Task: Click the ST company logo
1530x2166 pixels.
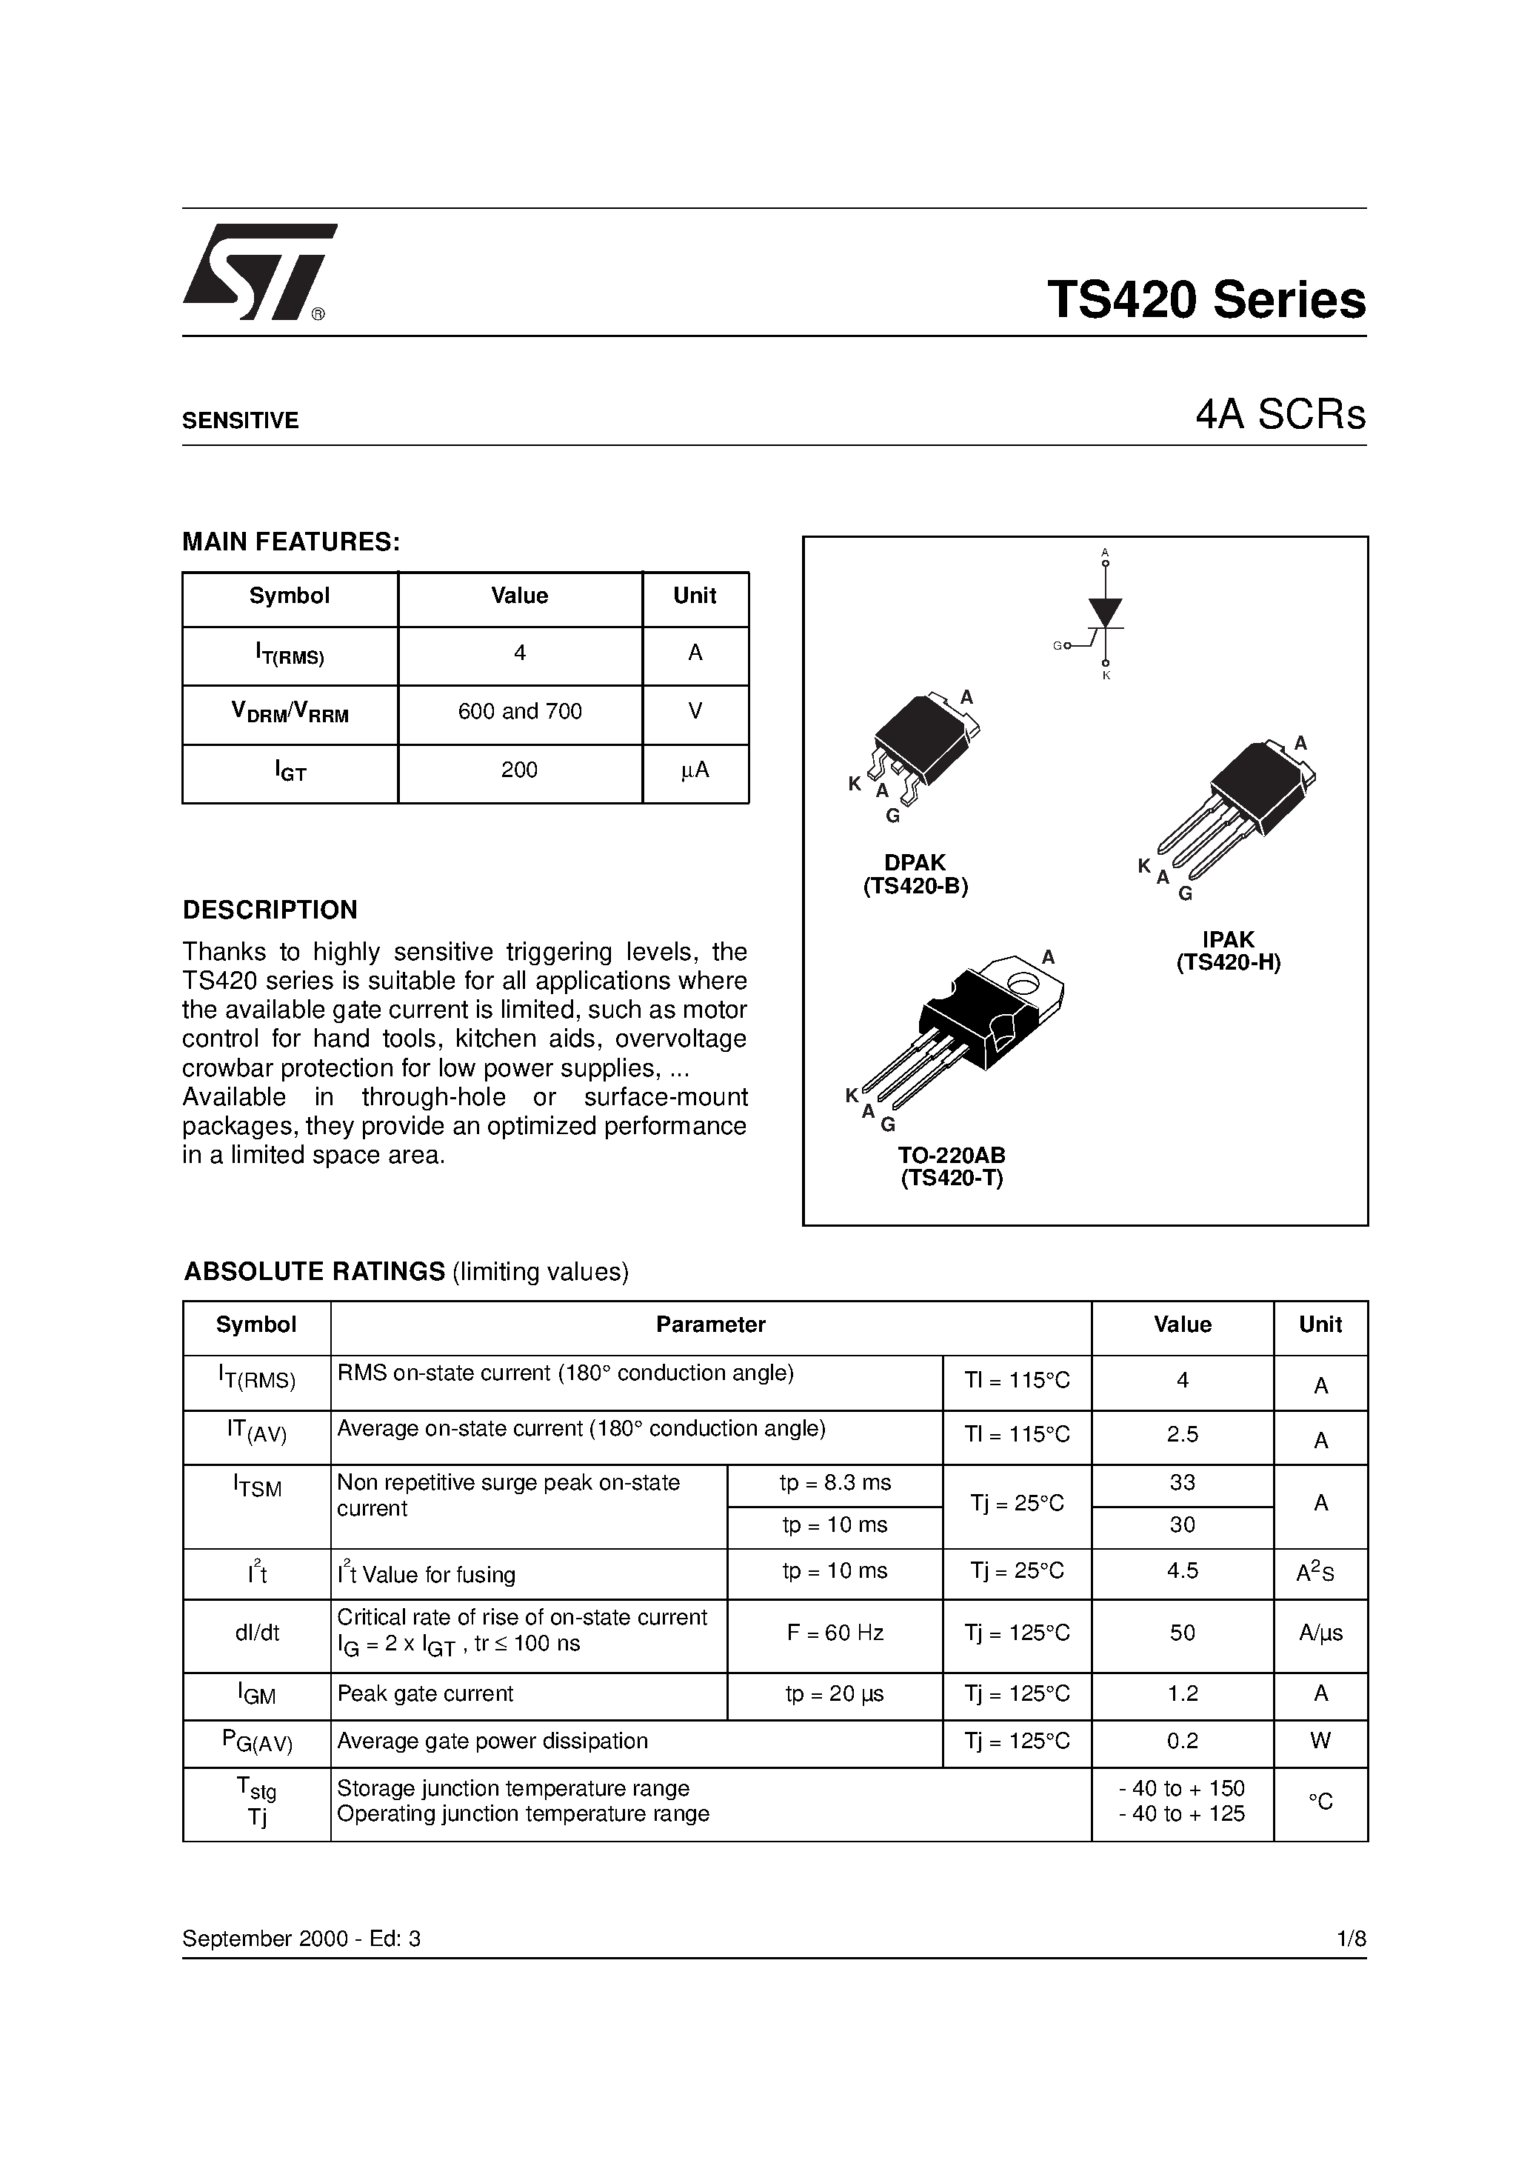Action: tap(256, 272)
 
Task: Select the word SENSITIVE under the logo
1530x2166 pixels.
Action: tap(240, 421)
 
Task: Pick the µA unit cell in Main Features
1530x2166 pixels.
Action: tap(695, 770)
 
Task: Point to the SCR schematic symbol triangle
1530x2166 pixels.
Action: tap(1105, 610)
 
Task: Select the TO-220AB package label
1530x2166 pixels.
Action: tap(951, 1156)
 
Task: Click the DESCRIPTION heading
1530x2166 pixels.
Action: tap(270, 910)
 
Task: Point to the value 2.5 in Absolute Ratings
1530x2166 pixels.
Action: tap(1182, 1435)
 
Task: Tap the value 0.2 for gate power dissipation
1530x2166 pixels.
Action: tap(1182, 1742)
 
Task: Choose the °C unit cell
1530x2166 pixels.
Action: tap(1320, 1802)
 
